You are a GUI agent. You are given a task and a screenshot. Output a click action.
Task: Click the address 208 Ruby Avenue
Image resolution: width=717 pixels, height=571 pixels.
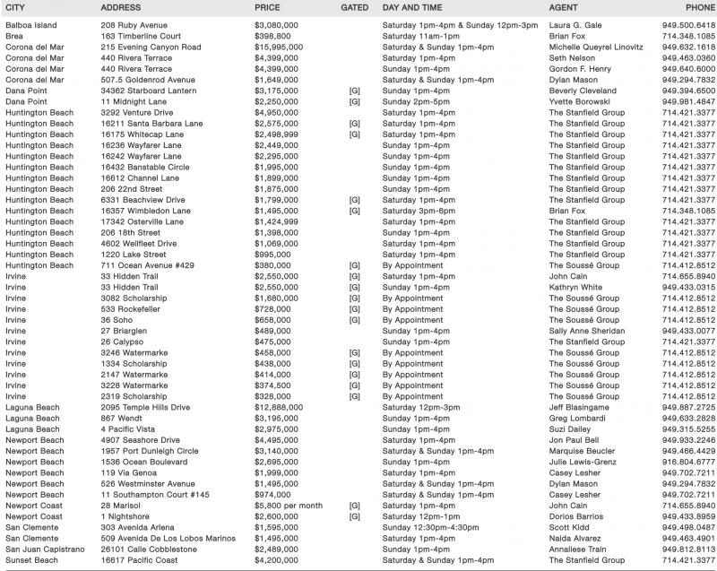(133, 25)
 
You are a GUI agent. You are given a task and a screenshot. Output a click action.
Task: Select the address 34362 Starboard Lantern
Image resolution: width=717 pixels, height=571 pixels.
(150, 91)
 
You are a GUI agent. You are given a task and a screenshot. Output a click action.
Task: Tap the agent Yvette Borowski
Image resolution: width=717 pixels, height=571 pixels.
(582, 101)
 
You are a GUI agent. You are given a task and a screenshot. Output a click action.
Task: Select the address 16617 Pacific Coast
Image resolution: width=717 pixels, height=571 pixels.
(141, 559)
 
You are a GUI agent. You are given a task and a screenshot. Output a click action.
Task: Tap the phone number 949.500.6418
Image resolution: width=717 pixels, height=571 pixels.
(688, 25)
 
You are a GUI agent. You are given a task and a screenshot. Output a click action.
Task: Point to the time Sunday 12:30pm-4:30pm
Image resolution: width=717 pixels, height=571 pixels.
(436, 527)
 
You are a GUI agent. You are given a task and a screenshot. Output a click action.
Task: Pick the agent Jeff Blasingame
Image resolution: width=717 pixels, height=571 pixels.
(584, 407)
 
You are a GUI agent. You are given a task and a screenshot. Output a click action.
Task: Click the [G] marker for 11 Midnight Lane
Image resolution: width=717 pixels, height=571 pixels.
(355, 101)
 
